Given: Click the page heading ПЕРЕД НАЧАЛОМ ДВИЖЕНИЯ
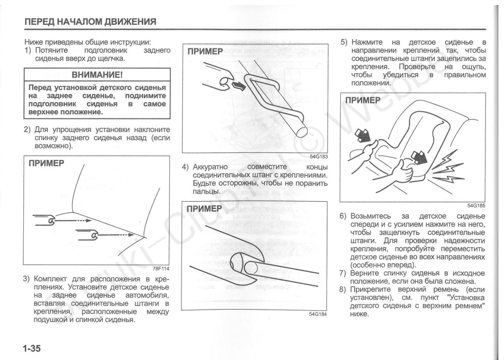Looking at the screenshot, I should (x=90, y=22).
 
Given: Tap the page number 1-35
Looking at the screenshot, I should (x=31, y=348).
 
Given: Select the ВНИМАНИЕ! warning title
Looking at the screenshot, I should (x=97, y=75).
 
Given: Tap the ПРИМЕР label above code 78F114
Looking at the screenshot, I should (x=46, y=163).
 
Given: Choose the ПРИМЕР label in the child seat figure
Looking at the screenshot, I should (x=363, y=100).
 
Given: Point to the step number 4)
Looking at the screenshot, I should (x=186, y=167).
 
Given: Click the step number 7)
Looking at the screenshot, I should (x=343, y=273).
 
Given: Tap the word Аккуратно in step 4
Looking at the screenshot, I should (x=211, y=167).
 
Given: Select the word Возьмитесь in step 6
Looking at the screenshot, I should (x=371, y=216).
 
